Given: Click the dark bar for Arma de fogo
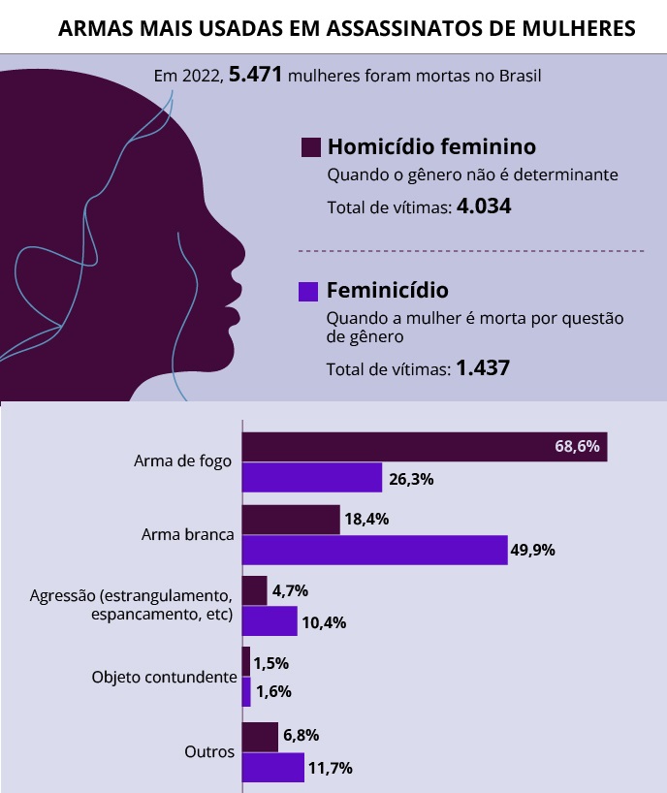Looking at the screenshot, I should (x=424, y=447).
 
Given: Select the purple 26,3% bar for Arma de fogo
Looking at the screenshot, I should (x=311, y=478).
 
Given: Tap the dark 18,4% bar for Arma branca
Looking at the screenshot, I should (x=290, y=520).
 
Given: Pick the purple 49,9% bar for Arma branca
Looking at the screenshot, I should (x=374, y=550).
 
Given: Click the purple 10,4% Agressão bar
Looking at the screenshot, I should (x=270, y=621).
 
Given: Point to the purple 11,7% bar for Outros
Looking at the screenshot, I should (x=272, y=768).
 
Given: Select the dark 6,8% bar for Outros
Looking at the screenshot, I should (x=260, y=737).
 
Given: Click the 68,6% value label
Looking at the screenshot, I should (x=578, y=447).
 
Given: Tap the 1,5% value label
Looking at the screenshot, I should (x=272, y=664).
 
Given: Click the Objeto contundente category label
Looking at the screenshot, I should (x=164, y=678).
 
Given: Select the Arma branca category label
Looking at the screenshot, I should (x=186, y=534).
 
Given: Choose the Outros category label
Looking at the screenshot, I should (x=209, y=752).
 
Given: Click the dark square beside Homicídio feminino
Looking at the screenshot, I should (x=311, y=147).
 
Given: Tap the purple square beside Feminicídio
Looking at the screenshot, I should (x=309, y=290).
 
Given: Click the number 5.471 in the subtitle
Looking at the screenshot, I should (x=255, y=75).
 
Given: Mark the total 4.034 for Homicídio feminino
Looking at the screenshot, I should (x=483, y=206).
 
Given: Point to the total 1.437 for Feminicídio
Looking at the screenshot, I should (x=483, y=368).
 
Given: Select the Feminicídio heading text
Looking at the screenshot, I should (x=388, y=290).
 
